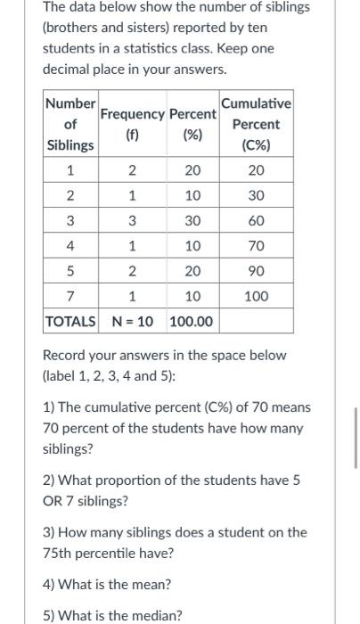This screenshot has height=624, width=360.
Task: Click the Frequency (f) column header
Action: tap(132, 125)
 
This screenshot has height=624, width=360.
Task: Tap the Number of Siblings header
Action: tap(70, 125)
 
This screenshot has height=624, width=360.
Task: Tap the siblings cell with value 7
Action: tap(70, 295)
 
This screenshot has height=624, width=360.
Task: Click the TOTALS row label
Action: tap(70, 320)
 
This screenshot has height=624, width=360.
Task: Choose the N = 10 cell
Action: tap(132, 320)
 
